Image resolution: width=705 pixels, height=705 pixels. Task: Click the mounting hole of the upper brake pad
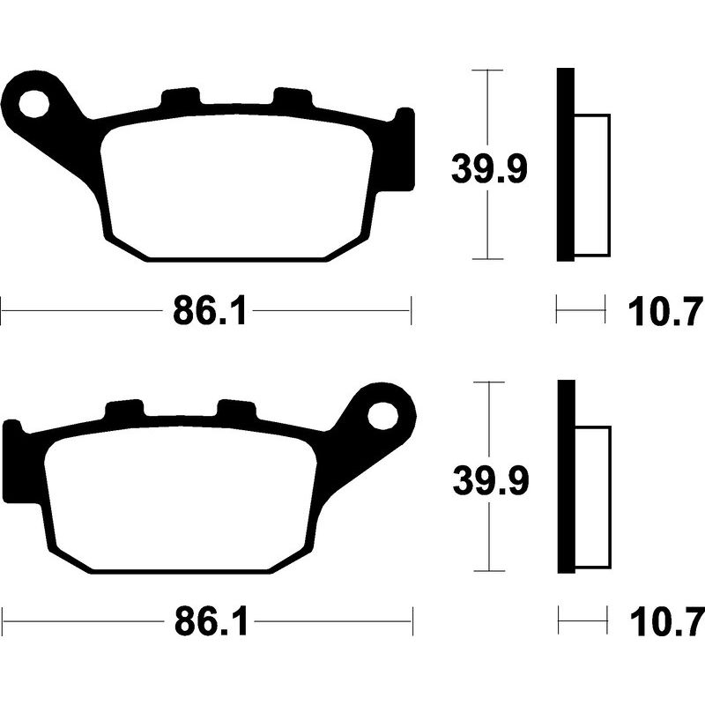tap(35, 102)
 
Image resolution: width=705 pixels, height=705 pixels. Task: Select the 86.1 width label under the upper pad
tap(208, 310)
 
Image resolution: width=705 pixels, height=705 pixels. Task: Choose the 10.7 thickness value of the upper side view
tap(666, 310)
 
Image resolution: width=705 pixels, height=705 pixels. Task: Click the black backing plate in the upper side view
tap(565, 165)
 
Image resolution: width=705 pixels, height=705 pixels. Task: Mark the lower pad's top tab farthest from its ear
tap(123, 411)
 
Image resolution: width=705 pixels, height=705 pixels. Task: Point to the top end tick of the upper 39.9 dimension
tap(488, 69)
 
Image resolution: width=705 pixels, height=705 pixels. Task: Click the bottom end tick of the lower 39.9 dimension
tap(488, 572)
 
